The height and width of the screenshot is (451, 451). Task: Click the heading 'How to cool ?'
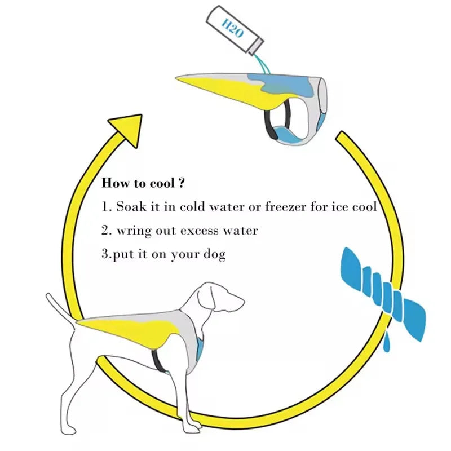[144, 184]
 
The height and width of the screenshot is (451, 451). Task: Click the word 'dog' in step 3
[214, 254]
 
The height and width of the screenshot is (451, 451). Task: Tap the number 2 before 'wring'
[105, 231]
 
